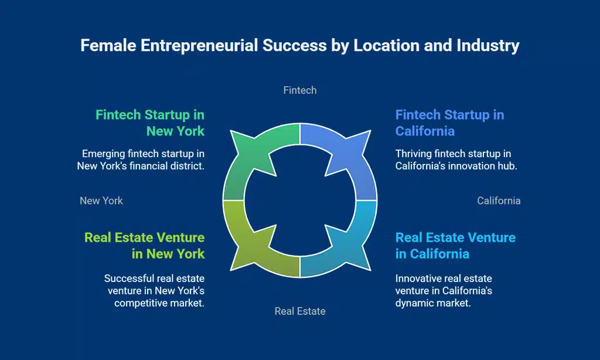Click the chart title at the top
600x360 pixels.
click(300, 46)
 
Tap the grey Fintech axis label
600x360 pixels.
click(300, 90)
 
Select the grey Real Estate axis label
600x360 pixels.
click(300, 311)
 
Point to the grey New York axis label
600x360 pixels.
click(101, 201)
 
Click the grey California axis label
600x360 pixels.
click(499, 201)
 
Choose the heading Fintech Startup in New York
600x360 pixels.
click(150, 123)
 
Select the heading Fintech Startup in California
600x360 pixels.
click(449, 123)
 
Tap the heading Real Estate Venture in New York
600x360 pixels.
click(145, 246)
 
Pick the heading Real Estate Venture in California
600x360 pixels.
click(455, 246)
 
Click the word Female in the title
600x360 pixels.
click(108, 46)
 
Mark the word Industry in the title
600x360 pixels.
click(488, 46)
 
